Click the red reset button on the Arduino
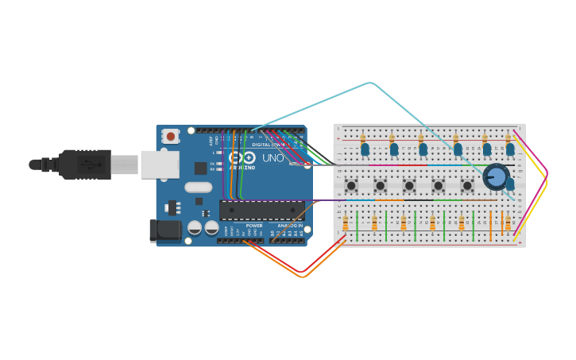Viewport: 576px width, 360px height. coord(170,137)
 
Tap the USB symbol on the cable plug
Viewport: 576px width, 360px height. coord(90,165)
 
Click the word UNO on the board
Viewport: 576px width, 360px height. coord(273,158)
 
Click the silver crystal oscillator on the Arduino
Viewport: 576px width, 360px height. coord(199,188)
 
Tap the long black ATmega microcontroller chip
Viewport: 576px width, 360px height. coord(261,211)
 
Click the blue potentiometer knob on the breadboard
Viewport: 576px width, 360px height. coord(496,176)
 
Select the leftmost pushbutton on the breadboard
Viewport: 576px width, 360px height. coord(351,185)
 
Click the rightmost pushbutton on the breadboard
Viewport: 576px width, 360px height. coord(467,185)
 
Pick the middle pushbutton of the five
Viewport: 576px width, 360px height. coord(409,185)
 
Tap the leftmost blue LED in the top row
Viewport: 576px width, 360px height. coord(365,149)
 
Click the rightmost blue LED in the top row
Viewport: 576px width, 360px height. coord(510,149)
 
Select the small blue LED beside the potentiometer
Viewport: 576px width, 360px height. coord(510,184)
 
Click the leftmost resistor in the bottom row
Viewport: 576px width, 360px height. coord(345,223)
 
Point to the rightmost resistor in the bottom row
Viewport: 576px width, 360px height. coord(508,223)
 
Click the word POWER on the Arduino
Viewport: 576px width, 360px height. coord(254,226)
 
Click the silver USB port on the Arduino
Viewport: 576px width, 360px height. coord(160,165)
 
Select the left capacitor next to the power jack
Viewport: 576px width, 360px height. coord(195,228)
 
